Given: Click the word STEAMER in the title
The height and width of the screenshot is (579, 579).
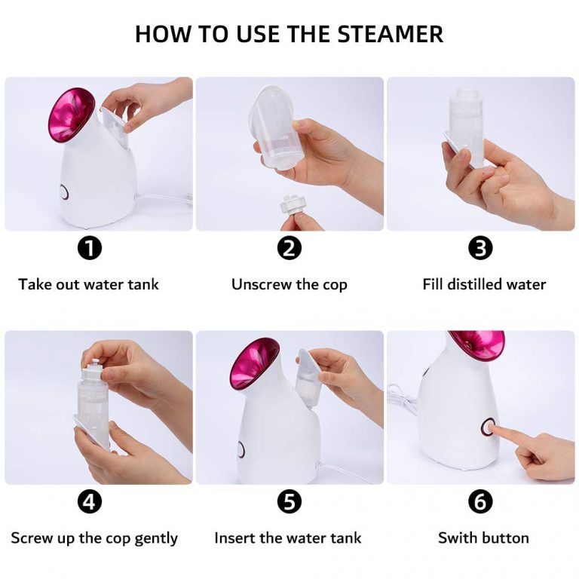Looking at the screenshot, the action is point(390,34).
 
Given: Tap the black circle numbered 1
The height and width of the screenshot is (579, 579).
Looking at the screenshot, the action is point(90,248).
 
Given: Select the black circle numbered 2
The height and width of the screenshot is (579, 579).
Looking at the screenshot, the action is point(289,248).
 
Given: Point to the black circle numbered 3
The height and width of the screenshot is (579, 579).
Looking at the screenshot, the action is point(480,248).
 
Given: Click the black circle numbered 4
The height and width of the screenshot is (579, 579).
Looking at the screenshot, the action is point(90,501).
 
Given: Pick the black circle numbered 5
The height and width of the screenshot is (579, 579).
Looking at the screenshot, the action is point(289,501).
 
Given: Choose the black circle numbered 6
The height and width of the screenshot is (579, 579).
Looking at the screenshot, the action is point(480,501).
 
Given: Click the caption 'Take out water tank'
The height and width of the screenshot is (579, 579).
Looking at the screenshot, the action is point(89,284).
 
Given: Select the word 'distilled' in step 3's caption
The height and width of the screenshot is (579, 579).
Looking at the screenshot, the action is point(475,284).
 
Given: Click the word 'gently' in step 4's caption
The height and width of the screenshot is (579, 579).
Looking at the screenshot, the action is point(156,539).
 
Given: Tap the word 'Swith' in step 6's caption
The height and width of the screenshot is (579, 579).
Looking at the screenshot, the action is point(457,538).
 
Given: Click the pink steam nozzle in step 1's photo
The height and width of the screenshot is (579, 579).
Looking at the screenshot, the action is point(71,115).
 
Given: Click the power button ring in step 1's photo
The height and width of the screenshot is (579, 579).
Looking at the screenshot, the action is point(64,193).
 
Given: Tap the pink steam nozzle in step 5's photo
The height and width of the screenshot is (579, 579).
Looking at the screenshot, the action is point(254,364).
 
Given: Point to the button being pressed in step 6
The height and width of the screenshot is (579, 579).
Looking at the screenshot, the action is point(489,427).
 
